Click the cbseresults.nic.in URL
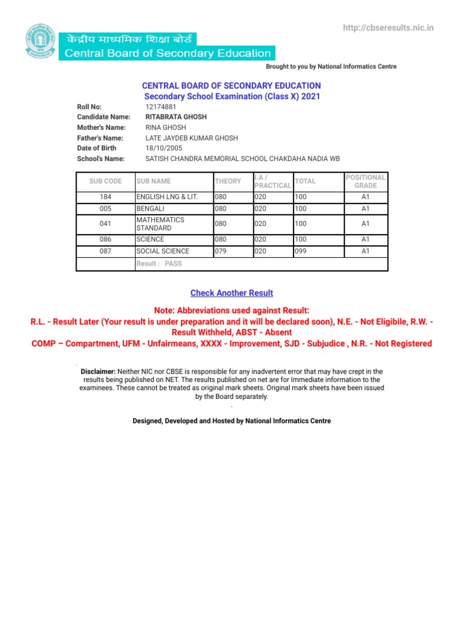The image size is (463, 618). click(x=388, y=28)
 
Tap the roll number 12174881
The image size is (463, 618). click(x=162, y=107)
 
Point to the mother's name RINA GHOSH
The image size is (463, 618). click(x=166, y=127)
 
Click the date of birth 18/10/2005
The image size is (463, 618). click(x=163, y=148)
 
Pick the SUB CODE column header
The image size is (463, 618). click(x=105, y=181)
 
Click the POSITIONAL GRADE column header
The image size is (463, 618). click(x=365, y=181)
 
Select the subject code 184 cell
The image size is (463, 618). click(x=105, y=197)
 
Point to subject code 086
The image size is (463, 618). click(x=105, y=240)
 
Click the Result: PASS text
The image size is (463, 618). click(x=159, y=264)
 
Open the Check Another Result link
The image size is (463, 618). click(x=231, y=293)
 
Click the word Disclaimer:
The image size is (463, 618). click(x=98, y=371)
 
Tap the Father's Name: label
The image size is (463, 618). click(x=101, y=138)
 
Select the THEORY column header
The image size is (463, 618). click(x=227, y=181)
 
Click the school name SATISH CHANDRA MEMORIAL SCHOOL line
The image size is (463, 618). click(x=242, y=158)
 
